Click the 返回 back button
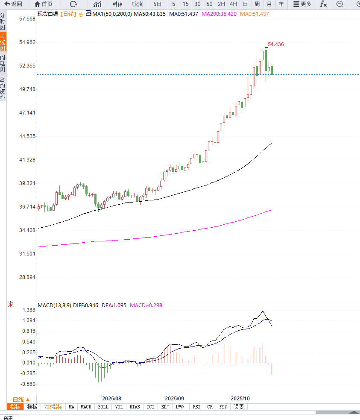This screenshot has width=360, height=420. point(13,4)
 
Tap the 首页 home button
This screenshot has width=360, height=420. point(44,4)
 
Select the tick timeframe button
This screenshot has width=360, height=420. point(138,4)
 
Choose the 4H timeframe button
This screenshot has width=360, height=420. point(233,4)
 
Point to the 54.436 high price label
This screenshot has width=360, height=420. point(276,44)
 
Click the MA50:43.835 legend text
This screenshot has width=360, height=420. point(149,14)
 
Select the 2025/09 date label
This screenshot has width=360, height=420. point(174,398)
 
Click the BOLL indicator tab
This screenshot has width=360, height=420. point(103,407)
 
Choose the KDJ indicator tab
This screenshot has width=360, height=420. point(165,407)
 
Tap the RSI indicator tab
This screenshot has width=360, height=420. point(196,407)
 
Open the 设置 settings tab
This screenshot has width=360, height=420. point(239,407)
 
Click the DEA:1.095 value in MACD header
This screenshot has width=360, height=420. point(114,305)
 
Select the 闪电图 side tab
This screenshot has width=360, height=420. point(3,63)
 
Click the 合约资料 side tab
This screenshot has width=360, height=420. point(3,88)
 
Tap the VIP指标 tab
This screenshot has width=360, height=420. point(53,407)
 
